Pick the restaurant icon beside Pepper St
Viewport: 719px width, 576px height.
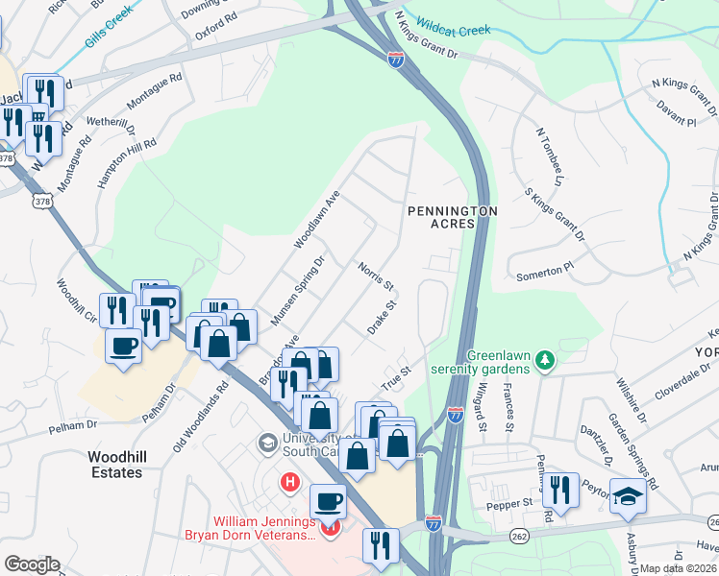pyautogui.click(x=560, y=491)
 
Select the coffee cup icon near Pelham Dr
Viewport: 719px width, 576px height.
pyautogui.click(x=124, y=346)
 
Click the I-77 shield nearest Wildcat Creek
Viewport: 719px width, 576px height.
pyautogui.click(x=396, y=60)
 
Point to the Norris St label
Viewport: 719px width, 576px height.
pyautogui.click(x=376, y=274)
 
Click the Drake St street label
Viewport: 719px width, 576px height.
pyautogui.click(x=382, y=317)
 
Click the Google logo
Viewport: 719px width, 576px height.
pyautogui.click(x=32, y=564)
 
